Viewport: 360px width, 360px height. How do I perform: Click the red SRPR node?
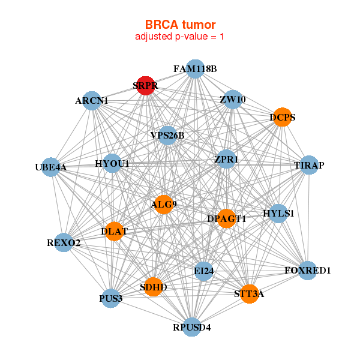tap(146, 86)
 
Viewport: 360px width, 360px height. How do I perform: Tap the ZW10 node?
tap(232, 100)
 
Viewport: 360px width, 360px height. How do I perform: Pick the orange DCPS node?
tap(281, 117)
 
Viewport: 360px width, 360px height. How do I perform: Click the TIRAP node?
tap(308, 165)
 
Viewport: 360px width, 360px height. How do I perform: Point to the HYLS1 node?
tap(278, 214)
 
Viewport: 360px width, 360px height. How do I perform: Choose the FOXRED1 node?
tap(307, 271)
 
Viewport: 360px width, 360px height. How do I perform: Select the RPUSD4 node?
tap(191, 327)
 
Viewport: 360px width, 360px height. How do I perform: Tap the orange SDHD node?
tap(154, 287)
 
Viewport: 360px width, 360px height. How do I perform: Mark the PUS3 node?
tap(111, 298)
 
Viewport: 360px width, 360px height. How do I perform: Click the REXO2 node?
tap(64, 242)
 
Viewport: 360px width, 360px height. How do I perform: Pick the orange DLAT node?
tap(114, 231)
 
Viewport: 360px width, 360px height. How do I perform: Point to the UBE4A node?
tap(51, 167)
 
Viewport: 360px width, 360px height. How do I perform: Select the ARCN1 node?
tap(92, 101)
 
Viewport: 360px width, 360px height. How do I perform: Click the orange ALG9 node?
tap(164, 205)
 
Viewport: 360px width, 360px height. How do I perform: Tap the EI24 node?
tap(203, 271)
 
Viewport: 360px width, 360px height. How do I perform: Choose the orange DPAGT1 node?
tap(226, 219)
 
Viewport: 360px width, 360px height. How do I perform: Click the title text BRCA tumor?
tap(180, 25)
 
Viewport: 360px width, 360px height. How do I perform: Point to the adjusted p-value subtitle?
tap(180, 37)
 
